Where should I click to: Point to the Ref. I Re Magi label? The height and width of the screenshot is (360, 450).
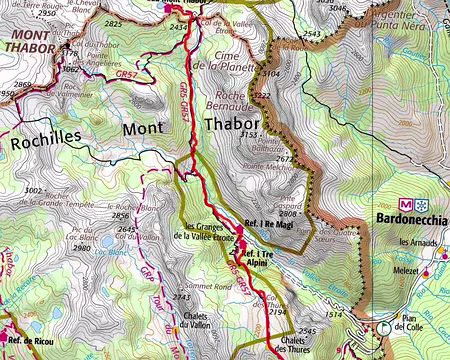(x=267, y=223)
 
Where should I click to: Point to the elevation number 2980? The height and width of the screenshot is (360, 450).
(x=82, y=247)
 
